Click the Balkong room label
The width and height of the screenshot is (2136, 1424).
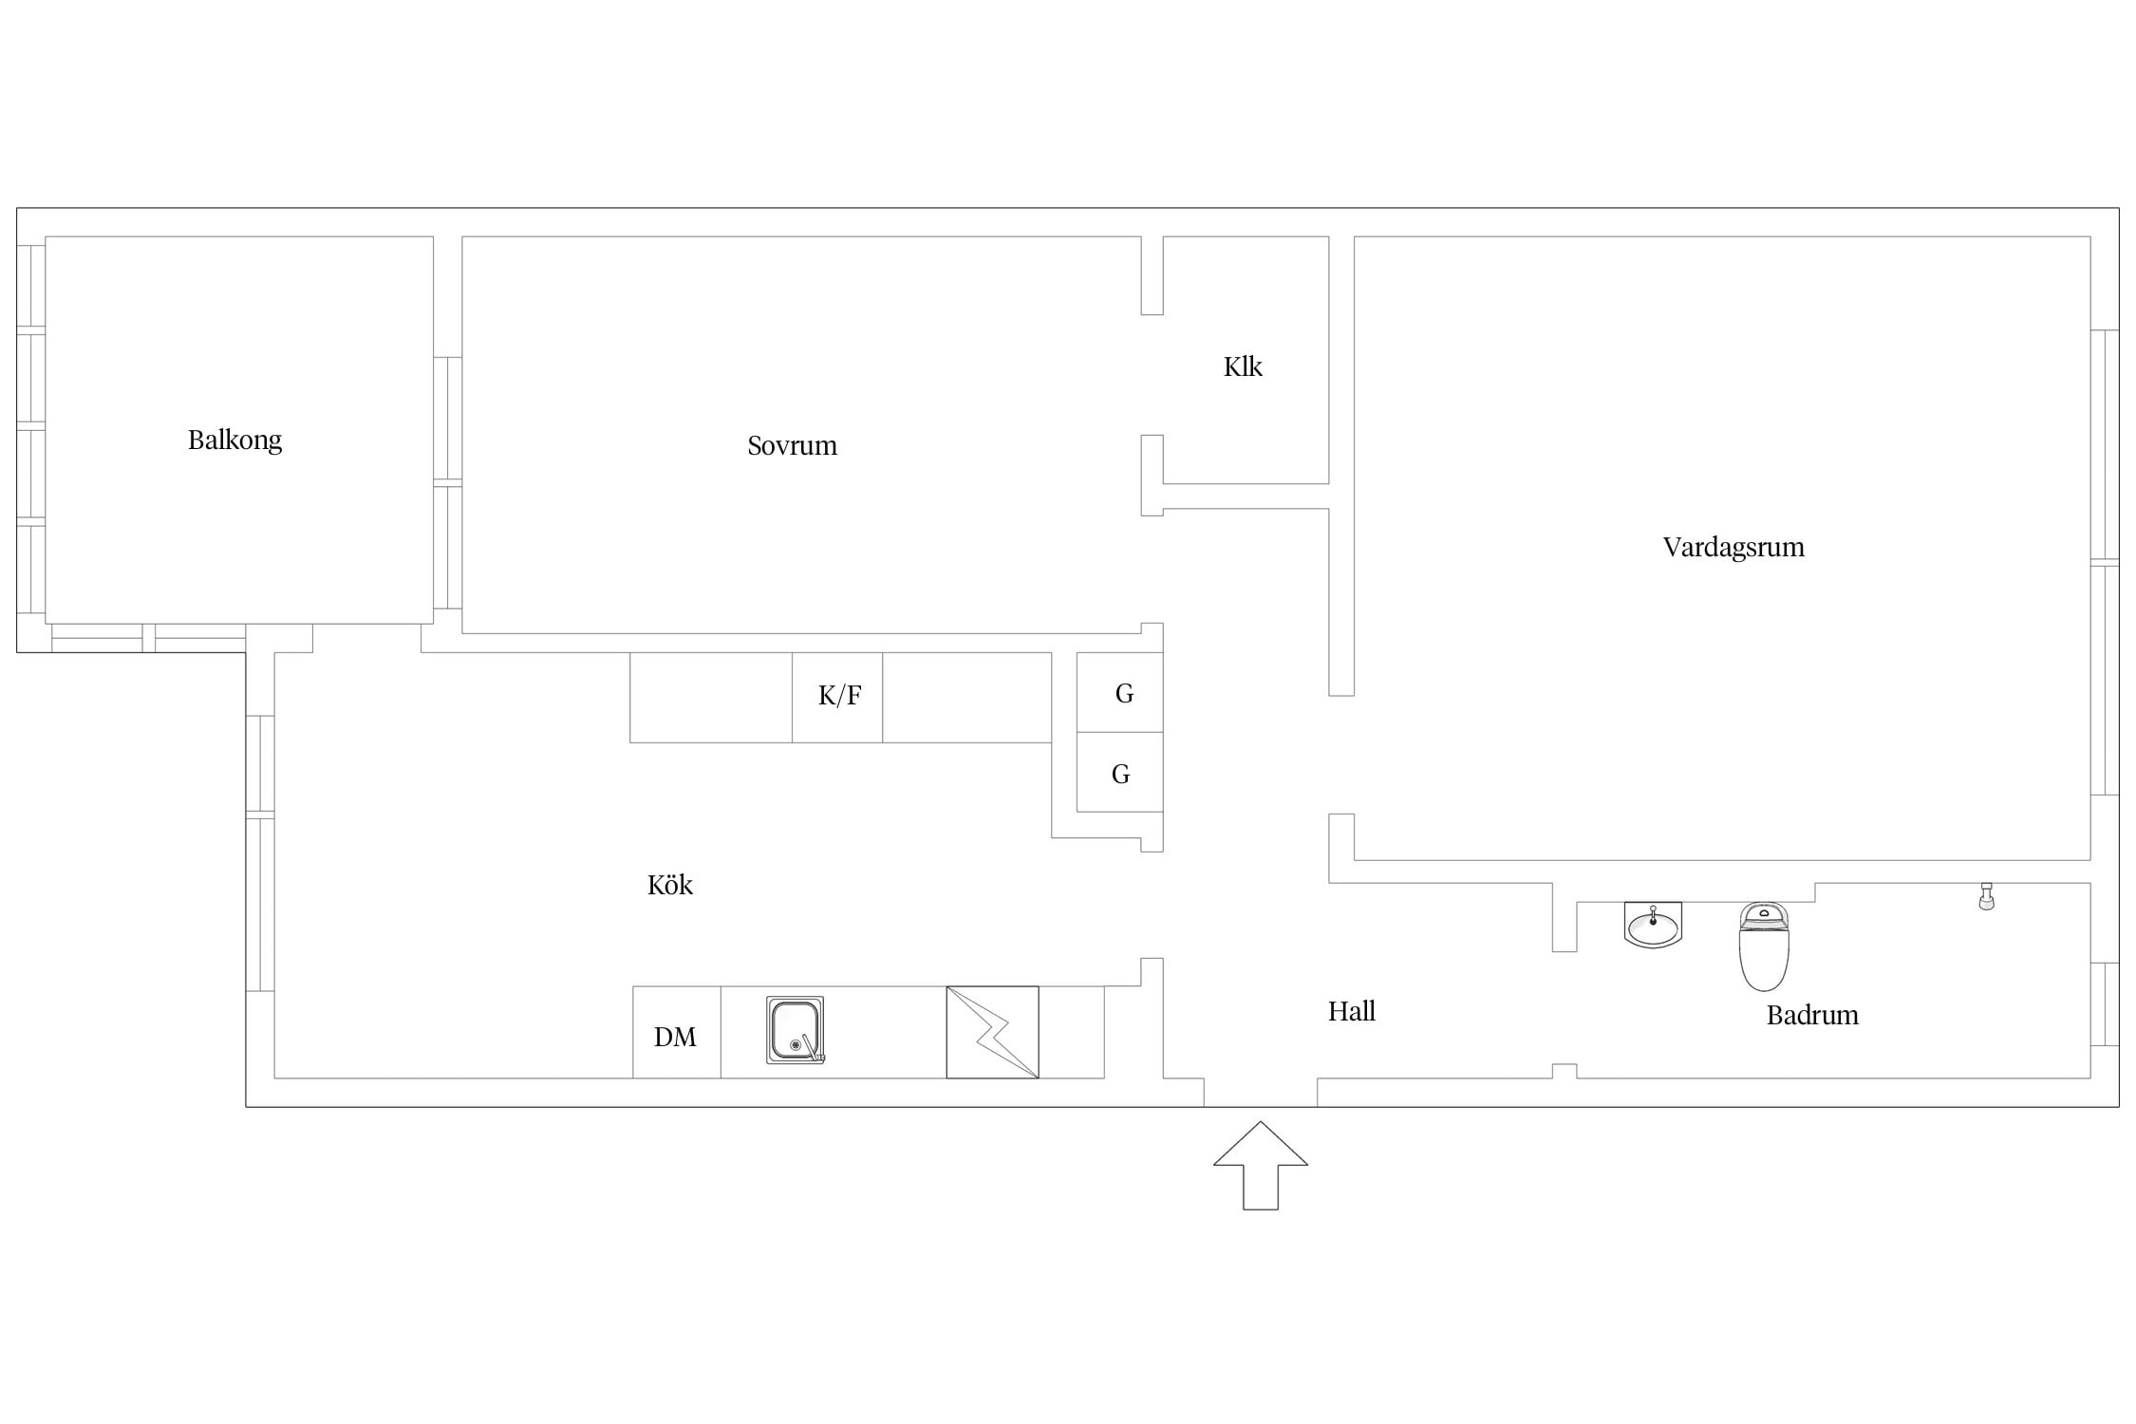pyautogui.click(x=234, y=440)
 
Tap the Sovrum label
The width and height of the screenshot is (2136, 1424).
pyautogui.click(x=793, y=445)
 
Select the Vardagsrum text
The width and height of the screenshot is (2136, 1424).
pyautogui.click(x=1733, y=548)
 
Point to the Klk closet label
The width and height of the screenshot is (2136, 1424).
pyautogui.click(x=1243, y=366)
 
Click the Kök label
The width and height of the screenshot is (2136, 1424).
pyautogui.click(x=670, y=885)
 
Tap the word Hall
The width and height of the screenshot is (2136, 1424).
pyautogui.click(x=1352, y=1011)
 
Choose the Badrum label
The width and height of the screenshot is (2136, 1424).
pyautogui.click(x=1812, y=1015)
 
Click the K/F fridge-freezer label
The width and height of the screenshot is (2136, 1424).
pyautogui.click(x=839, y=696)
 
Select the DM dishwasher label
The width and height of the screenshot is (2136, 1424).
pyautogui.click(x=675, y=1037)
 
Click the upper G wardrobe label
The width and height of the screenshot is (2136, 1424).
pyautogui.click(x=1124, y=694)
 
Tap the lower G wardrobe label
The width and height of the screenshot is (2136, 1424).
pyautogui.click(x=1120, y=775)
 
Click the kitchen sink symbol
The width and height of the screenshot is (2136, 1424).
pyautogui.click(x=796, y=1030)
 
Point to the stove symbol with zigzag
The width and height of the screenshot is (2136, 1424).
pyautogui.click(x=992, y=1032)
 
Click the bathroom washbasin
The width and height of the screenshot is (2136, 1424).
pyautogui.click(x=1653, y=925)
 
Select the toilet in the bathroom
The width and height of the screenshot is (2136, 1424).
pyautogui.click(x=1764, y=946)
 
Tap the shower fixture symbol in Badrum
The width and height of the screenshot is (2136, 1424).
pyautogui.click(x=1986, y=896)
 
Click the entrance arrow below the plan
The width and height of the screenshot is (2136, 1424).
pyautogui.click(x=1261, y=1166)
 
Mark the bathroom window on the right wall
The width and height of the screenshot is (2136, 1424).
pyautogui.click(x=2105, y=1004)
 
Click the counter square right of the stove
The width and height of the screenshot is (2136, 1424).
pyautogui.click(x=1071, y=1032)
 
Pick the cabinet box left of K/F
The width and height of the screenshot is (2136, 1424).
pyautogui.click(x=711, y=697)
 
